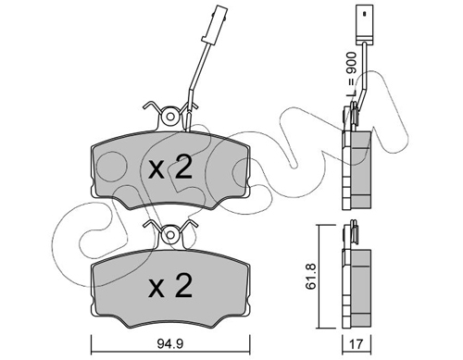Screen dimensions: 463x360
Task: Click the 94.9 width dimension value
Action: tap(170, 343)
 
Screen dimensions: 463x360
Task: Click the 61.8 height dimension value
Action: tap(311, 277)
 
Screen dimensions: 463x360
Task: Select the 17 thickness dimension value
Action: tap(356, 344)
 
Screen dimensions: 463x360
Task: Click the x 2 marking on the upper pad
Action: tap(170, 168)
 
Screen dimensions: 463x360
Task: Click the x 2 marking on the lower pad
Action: tap(170, 286)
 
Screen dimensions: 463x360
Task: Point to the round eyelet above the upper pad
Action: tap(170, 117)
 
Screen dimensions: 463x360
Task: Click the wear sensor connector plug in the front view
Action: tap(215, 24)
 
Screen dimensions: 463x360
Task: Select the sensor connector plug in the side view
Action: tap(365, 23)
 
